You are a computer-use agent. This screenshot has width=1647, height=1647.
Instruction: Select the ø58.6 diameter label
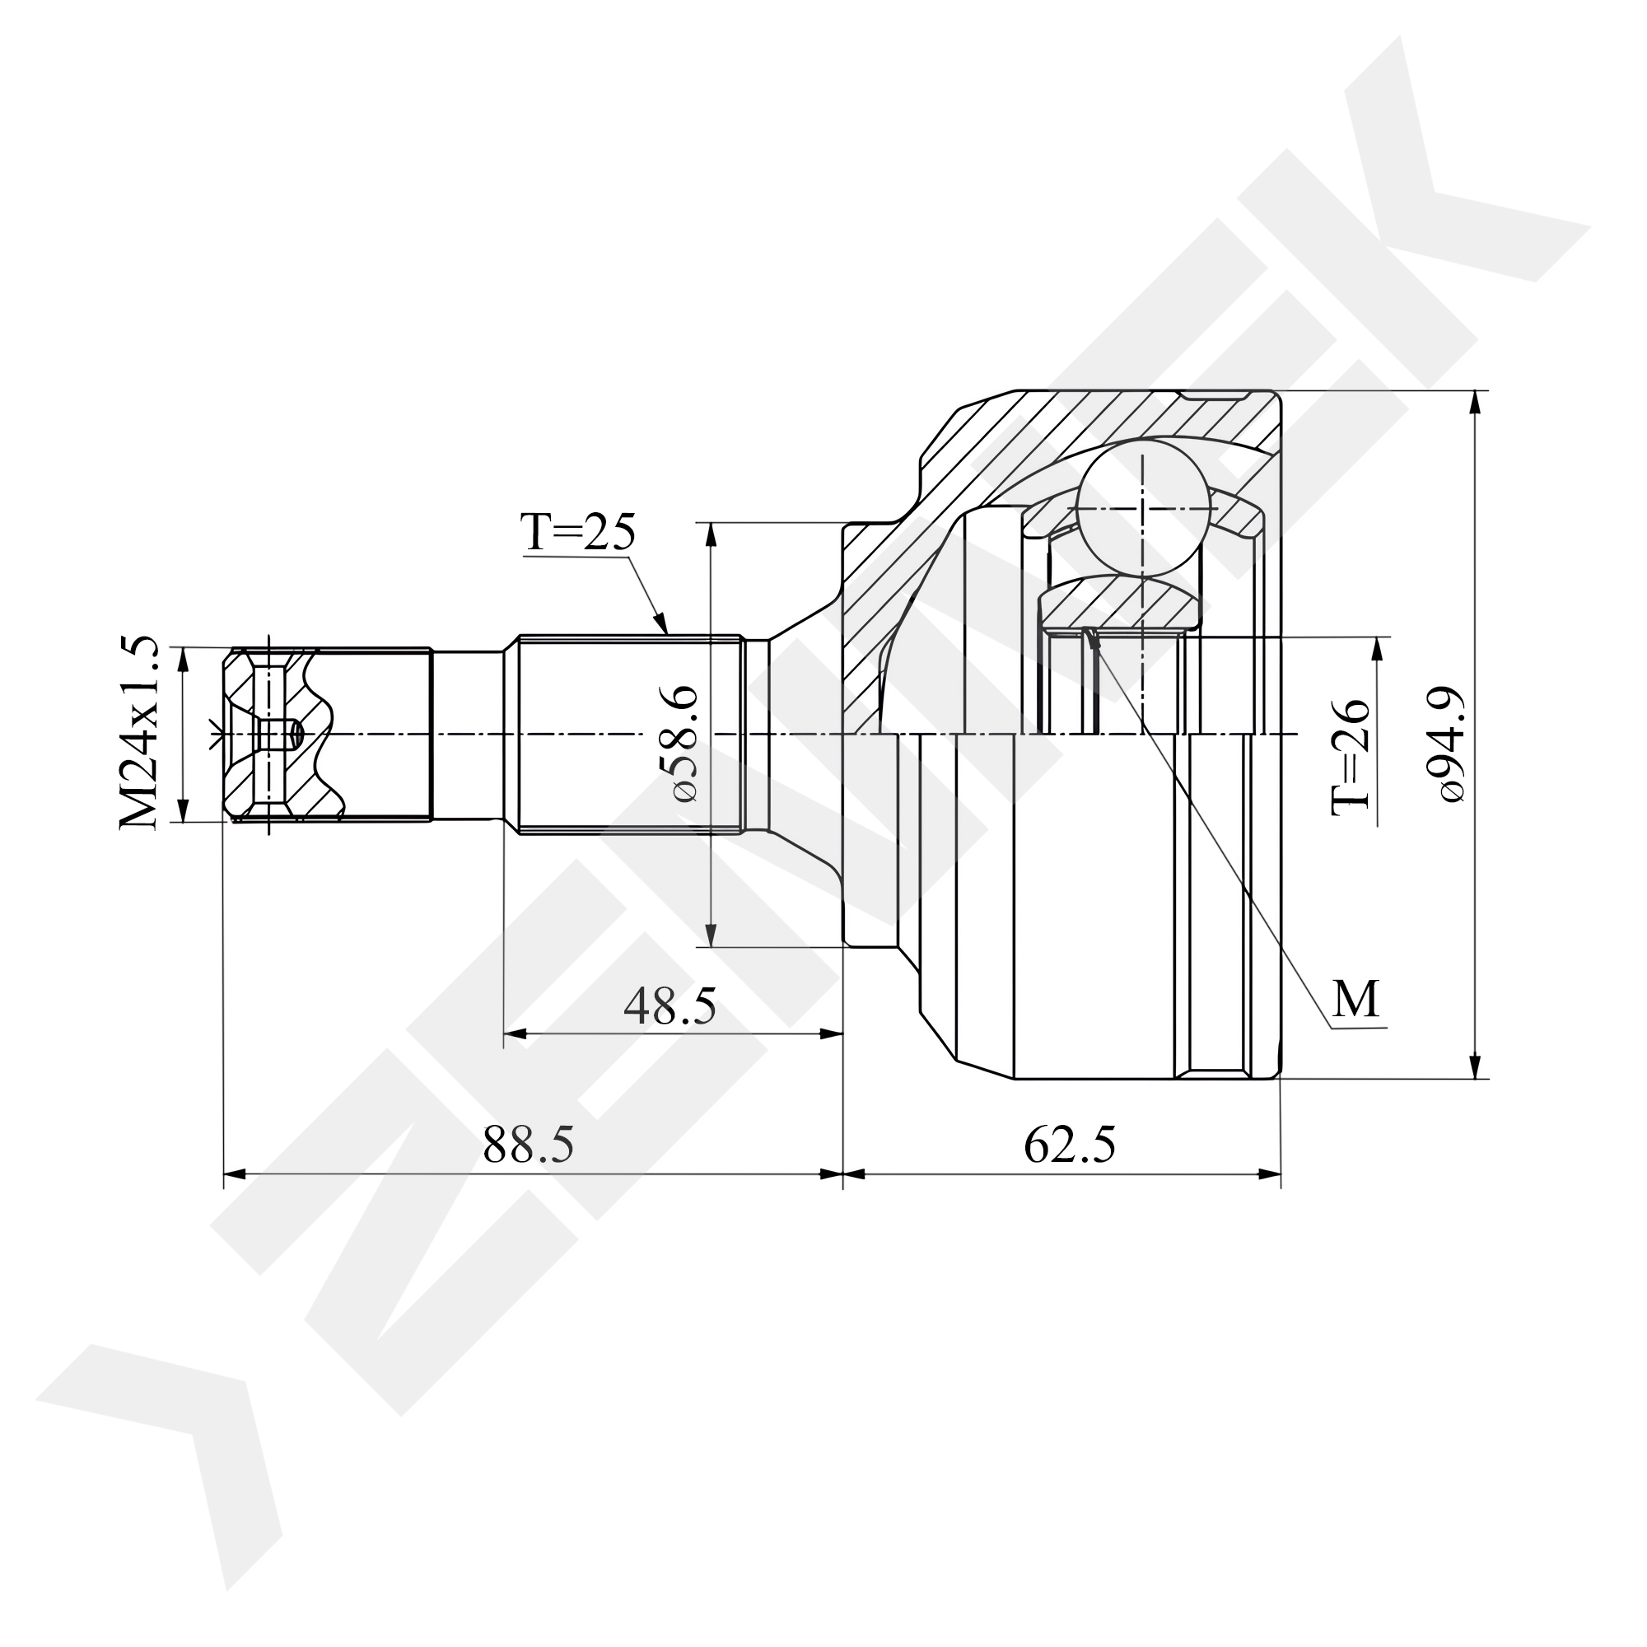pyautogui.click(x=684, y=742)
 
